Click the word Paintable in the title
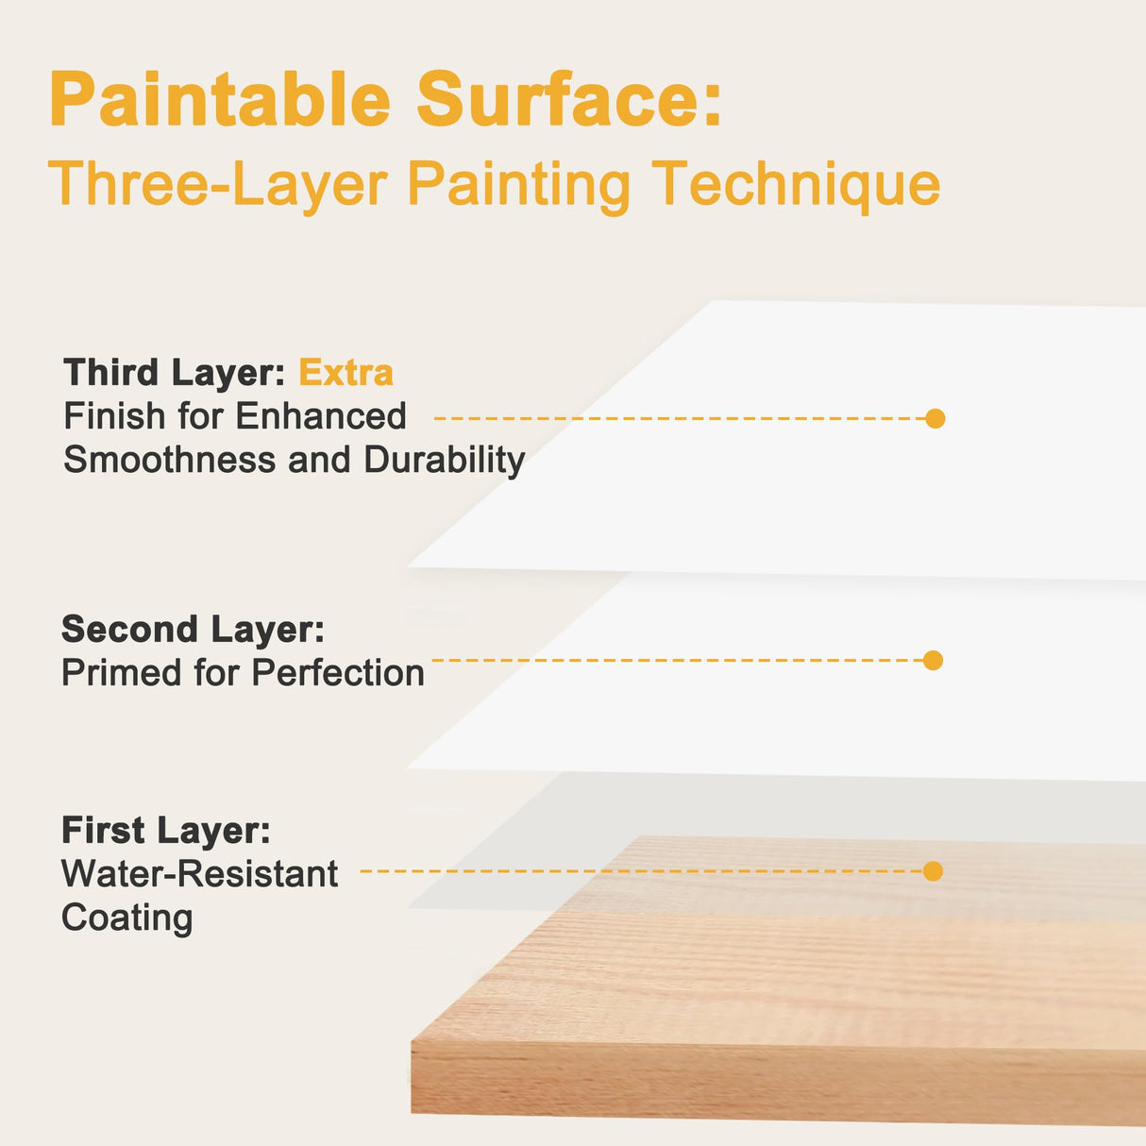click(x=220, y=98)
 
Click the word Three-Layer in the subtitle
click(x=218, y=184)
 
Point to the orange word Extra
click(x=345, y=373)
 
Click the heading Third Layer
click(x=175, y=373)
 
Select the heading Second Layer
click(x=194, y=630)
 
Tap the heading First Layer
click(x=166, y=830)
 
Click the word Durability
click(x=445, y=461)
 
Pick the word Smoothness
click(x=170, y=460)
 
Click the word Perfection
click(x=338, y=673)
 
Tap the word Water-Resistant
click(x=200, y=873)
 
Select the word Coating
click(x=126, y=918)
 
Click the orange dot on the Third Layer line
click(x=935, y=418)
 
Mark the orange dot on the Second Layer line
click(x=933, y=660)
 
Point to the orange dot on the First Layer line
click(x=933, y=871)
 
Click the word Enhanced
click(x=321, y=415)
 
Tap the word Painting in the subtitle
click(x=519, y=186)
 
